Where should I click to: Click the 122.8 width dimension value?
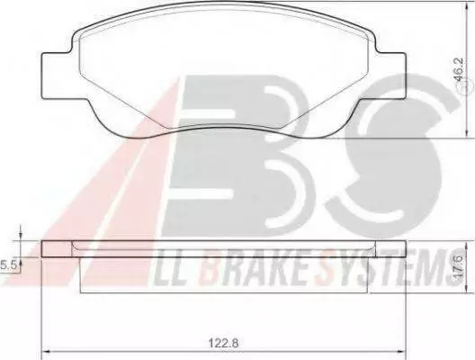(x=224, y=343)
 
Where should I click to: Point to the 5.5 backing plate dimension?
(x=8, y=265)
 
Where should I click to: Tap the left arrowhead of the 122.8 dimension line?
(x=45, y=352)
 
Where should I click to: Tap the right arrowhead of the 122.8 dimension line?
(x=402, y=352)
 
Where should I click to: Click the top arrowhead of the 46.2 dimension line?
(x=467, y=5)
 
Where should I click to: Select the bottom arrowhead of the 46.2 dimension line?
(x=467, y=134)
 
